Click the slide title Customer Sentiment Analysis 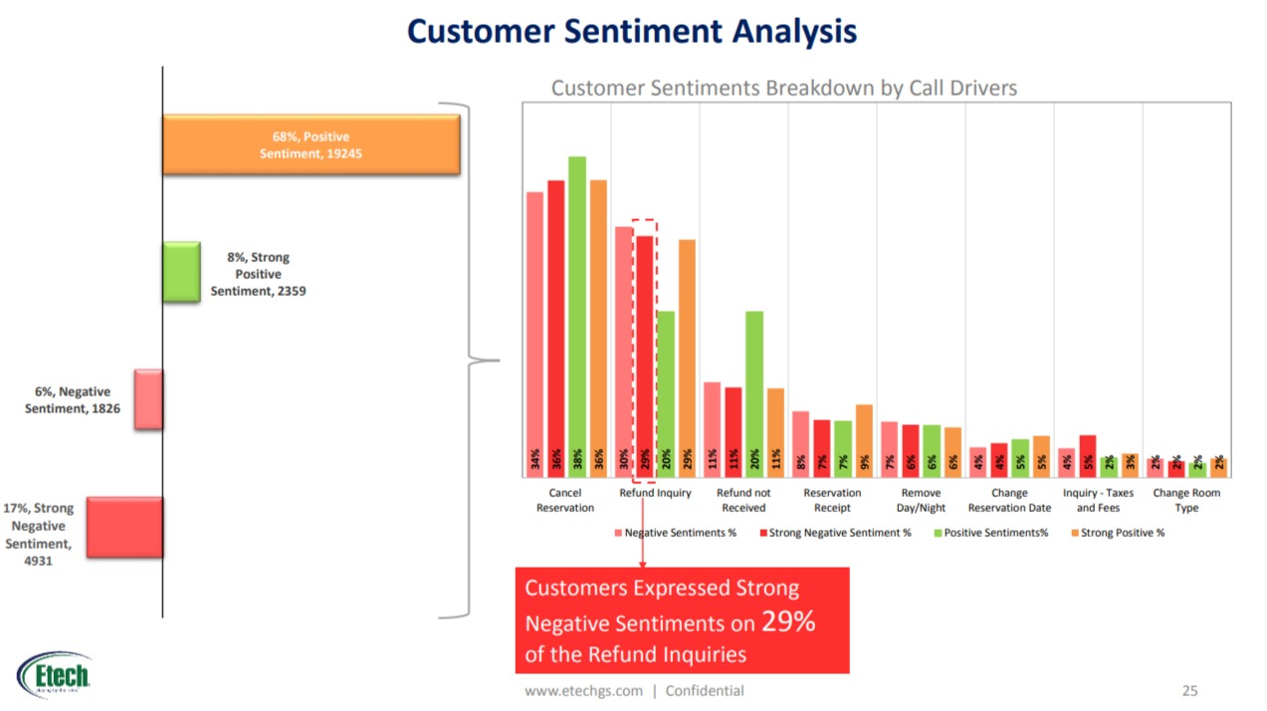pyautogui.click(x=632, y=31)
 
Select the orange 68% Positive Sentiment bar pyautogui.click(x=311, y=144)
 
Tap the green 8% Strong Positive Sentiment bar pyautogui.click(x=180, y=273)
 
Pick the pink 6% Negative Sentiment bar pyautogui.click(x=148, y=399)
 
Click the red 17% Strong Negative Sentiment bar pyautogui.click(x=124, y=527)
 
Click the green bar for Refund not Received pyautogui.click(x=754, y=393)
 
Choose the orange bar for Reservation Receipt pyautogui.click(x=864, y=440)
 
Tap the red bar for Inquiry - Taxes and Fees pyautogui.click(x=1088, y=456)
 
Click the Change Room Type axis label pyautogui.click(x=1185, y=500)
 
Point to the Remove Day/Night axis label pyautogui.click(x=921, y=500)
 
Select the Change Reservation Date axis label pyautogui.click(x=1008, y=500)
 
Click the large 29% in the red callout pyautogui.click(x=788, y=622)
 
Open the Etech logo pyautogui.click(x=55, y=676)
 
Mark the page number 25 pyautogui.click(x=1189, y=690)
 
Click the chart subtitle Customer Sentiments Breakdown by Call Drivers pyautogui.click(x=783, y=88)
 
